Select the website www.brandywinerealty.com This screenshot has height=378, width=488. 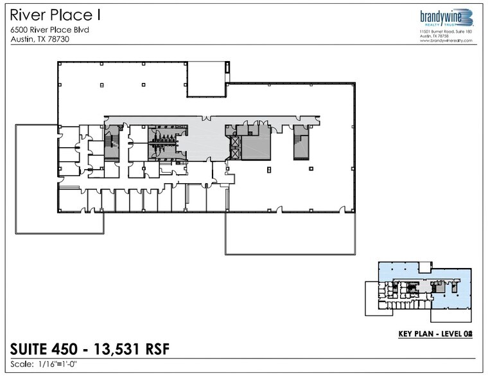coord(446,40)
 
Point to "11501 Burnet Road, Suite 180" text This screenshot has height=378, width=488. coord(446,31)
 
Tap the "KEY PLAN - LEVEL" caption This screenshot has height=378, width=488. coord(427,334)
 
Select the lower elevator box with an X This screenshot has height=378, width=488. coord(234,152)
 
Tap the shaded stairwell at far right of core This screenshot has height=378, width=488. coord(301,141)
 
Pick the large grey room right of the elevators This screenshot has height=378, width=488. coord(256,147)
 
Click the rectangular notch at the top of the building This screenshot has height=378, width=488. coord(206,79)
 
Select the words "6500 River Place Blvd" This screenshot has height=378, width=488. coord(49,29)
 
